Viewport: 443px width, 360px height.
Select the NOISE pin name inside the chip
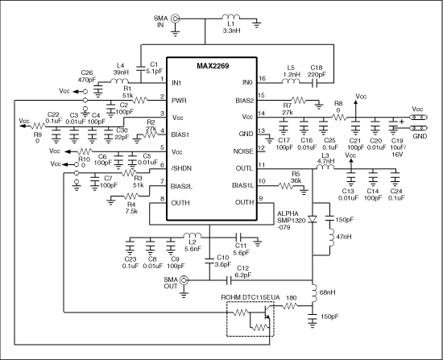[243, 151]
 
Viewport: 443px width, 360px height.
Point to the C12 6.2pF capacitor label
[242, 271]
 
